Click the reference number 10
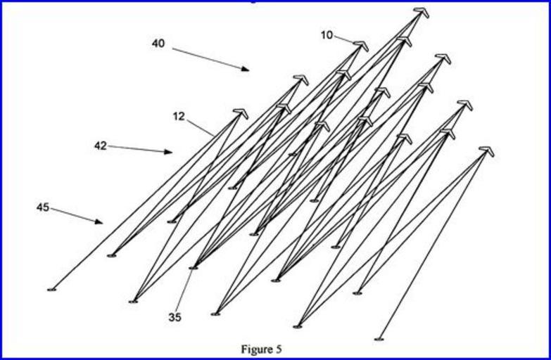click(x=327, y=35)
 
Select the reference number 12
click(x=179, y=116)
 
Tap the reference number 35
click(x=175, y=317)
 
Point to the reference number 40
click(x=158, y=44)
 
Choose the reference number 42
click(x=101, y=146)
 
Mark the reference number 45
click(x=43, y=207)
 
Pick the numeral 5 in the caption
click(x=279, y=349)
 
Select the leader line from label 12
click(x=201, y=127)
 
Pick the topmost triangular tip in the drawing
click(x=422, y=11)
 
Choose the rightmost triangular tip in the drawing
click(x=486, y=150)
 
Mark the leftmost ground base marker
click(x=51, y=289)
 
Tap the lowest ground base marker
click(x=379, y=339)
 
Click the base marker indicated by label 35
click(x=194, y=268)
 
